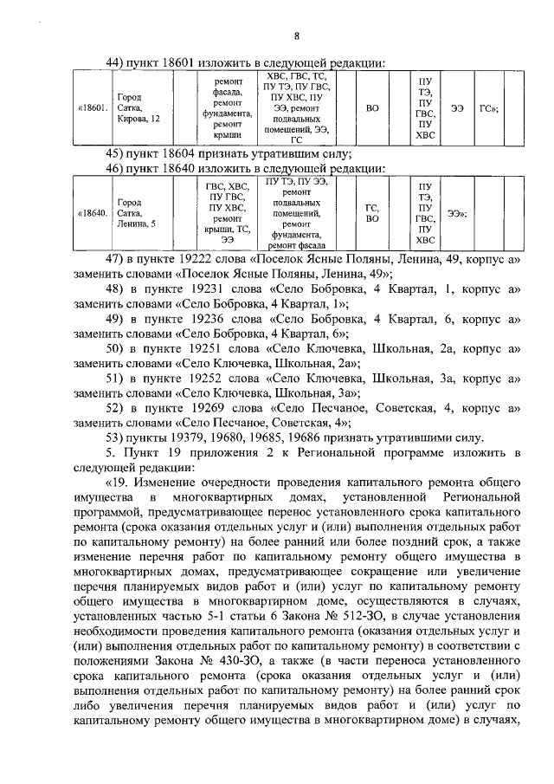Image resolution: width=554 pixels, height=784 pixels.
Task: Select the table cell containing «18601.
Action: (93, 108)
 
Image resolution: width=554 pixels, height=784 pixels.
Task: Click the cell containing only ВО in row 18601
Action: (373, 108)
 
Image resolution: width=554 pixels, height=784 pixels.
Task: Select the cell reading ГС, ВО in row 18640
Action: (373, 213)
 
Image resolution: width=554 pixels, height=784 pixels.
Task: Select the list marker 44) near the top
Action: (115, 62)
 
